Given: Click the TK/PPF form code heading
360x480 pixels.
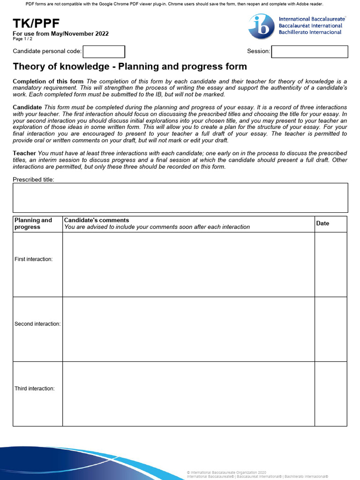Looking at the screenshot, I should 37,24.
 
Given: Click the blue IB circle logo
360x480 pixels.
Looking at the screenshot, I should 261,26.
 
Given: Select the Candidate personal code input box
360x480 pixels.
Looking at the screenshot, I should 104,52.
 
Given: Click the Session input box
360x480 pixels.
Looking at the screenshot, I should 309,52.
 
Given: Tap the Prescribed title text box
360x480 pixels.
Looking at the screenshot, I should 180,197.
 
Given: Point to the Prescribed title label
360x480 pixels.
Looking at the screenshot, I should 33,180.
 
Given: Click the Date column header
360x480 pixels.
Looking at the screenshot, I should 322,224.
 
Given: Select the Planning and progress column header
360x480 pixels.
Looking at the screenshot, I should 33,224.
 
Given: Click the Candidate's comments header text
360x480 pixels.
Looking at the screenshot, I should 97,220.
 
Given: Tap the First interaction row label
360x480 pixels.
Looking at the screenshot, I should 33,259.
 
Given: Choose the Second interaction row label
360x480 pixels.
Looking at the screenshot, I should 37,324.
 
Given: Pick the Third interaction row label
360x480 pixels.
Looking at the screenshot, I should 35,389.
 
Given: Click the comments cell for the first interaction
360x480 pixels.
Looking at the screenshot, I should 188,264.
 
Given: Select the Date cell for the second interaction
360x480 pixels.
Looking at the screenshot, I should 330,329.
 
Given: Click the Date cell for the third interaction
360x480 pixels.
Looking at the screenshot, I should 330,394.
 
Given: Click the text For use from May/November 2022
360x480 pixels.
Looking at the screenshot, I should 60,34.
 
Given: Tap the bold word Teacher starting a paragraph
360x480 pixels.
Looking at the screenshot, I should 24,153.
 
